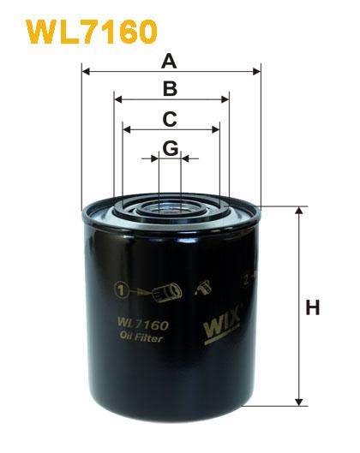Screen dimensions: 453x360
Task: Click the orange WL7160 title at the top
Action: coord(92,32)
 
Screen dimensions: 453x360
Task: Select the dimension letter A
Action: coord(170,61)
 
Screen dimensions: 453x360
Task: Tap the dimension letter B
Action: coord(171,88)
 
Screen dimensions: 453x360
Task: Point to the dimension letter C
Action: coord(171,118)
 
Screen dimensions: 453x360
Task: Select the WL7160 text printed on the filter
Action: coord(135,325)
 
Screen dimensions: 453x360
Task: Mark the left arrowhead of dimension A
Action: coord(86,73)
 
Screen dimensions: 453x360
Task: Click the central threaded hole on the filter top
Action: coord(170,206)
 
